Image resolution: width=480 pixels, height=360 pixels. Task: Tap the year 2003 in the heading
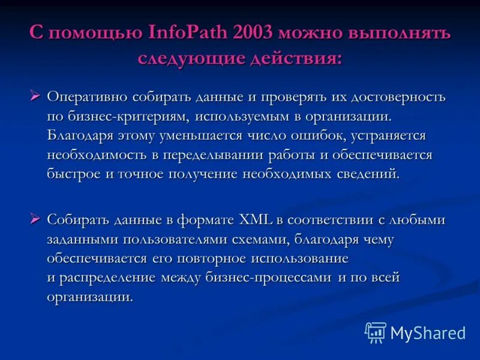253,33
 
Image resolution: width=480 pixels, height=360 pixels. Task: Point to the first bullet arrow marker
35,95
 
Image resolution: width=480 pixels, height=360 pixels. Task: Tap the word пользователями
174,239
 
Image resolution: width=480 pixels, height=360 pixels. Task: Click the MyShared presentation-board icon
376,332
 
